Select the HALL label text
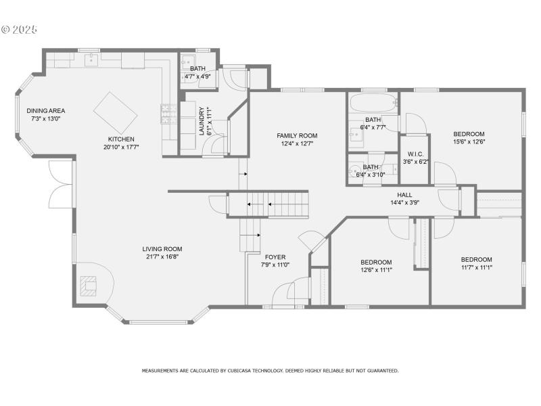(x=405, y=194)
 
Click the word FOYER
(x=275, y=257)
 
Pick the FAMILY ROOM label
(x=297, y=136)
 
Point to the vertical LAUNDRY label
(x=202, y=121)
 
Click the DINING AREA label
(x=46, y=111)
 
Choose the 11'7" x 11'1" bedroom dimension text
(x=476, y=267)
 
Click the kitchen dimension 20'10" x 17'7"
(x=121, y=147)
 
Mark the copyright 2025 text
(x=20, y=30)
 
